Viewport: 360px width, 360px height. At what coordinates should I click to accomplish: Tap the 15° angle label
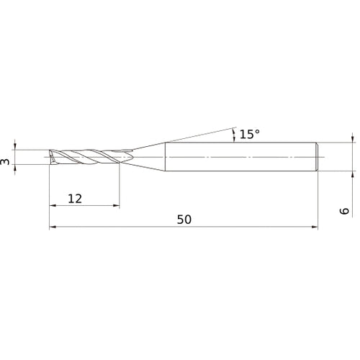point(249,134)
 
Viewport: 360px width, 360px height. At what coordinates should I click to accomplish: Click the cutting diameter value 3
point(6,163)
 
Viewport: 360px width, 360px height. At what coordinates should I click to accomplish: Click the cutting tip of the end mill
point(50,157)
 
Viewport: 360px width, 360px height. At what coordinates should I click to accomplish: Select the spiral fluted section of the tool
point(90,157)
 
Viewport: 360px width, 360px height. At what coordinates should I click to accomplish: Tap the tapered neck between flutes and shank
point(148,157)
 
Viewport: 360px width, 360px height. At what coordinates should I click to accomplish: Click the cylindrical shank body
point(238,157)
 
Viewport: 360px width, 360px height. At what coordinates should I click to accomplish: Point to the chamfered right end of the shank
point(316,157)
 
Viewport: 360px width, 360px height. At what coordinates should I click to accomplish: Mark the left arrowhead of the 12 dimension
point(53,206)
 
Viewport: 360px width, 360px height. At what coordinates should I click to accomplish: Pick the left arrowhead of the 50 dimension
point(53,228)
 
